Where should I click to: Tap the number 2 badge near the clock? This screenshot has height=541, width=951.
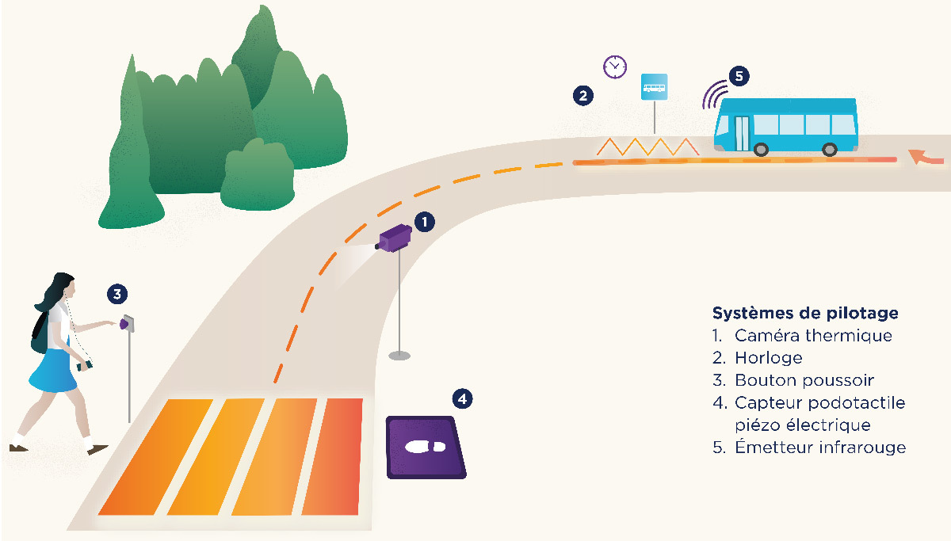click(582, 96)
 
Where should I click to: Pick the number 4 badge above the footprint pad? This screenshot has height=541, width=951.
click(462, 398)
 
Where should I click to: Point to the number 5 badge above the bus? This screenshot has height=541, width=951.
click(739, 76)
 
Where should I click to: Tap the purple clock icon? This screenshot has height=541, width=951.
click(614, 67)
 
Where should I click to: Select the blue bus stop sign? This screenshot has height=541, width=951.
click(655, 86)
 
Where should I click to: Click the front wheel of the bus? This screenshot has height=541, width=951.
click(762, 148)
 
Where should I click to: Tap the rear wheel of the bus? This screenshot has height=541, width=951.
click(830, 148)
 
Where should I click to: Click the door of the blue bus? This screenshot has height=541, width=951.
click(741, 132)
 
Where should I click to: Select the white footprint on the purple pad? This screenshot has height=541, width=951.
click(426, 446)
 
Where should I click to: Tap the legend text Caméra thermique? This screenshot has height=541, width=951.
click(813, 335)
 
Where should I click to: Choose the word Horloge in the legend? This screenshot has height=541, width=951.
click(768, 358)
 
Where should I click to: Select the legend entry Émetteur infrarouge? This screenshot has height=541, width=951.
click(819, 448)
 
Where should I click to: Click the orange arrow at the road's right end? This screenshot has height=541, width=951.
click(926, 158)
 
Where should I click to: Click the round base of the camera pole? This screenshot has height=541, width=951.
click(399, 355)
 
